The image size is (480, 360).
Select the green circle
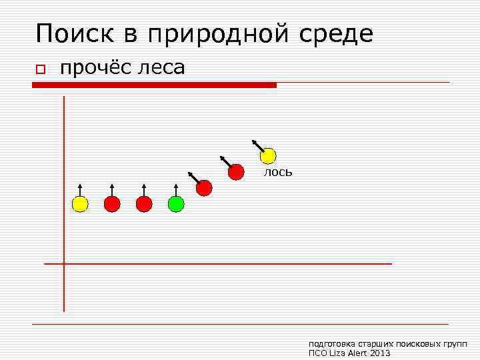[175, 204]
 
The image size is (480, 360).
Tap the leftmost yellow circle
[79, 204]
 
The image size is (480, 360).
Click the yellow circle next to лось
[268, 156]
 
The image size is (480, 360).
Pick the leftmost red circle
[112, 204]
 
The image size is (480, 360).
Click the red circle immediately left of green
[144, 204]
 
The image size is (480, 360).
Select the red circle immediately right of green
[204, 188]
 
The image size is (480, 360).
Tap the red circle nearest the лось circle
[236, 172]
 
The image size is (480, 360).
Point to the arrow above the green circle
[175, 189]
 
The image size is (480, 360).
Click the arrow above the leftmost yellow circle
[79, 189]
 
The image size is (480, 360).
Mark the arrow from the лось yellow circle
[257, 145]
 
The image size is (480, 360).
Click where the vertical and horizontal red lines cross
[64, 264]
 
